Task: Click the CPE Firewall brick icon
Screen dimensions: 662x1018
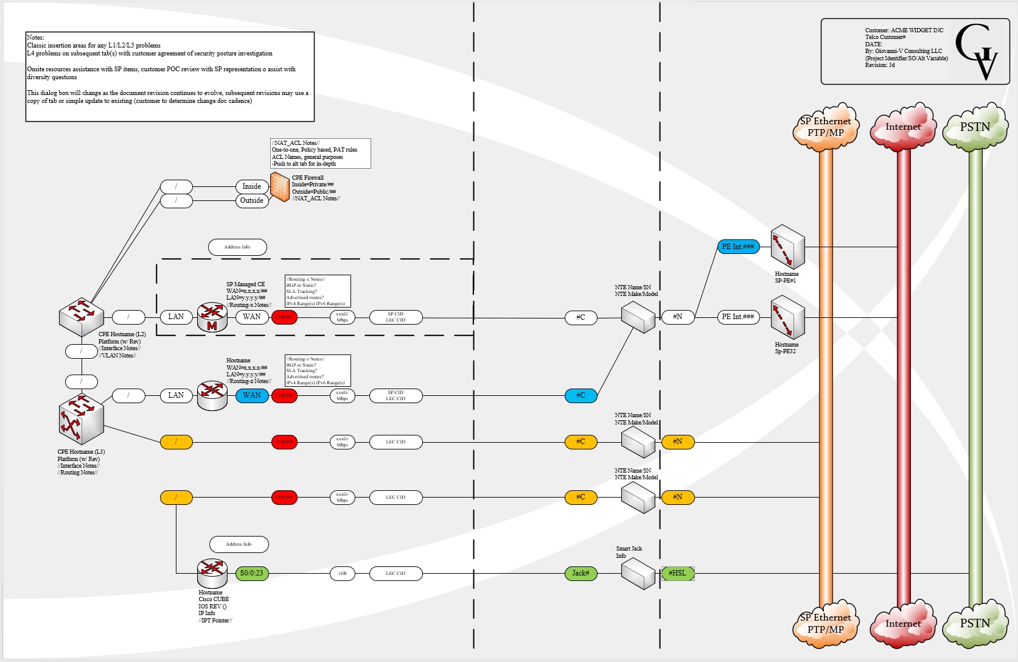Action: pyautogui.click(x=279, y=187)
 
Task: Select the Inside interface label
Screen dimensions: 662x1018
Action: pyautogui.click(x=252, y=186)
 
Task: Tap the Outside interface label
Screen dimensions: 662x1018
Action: pyautogui.click(x=252, y=200)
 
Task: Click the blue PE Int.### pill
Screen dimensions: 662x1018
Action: pyautogui.click(x=738, y=247)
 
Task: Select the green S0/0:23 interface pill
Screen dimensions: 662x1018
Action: pyautogui.click(x=252, y=573)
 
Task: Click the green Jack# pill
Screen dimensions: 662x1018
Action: pyautogui.click(x=580, y=573)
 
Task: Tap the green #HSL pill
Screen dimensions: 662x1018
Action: pyautogui.click(x=677, y=573)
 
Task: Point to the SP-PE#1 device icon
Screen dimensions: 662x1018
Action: pyautogui.click(x=787, y=247)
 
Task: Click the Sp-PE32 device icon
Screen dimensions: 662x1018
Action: pyautogui.click(x=787, y=317)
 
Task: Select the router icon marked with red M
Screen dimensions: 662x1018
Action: pyautogui.click(x=212, y=317)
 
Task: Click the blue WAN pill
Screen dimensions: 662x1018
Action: pyautogui.click(x=252, y=395)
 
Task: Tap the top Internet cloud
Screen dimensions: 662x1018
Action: pyautogui.click(x=903, y=127)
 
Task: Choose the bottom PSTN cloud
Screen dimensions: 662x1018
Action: pyautogui.click(x=975, y=623)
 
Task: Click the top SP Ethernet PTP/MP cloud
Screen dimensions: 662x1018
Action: pyautogui.click(x=826, y=127)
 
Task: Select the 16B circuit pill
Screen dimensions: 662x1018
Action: pyautogui.click(x=342, y=573)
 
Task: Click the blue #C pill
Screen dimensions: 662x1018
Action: pyautogui.click(x=580, y=395)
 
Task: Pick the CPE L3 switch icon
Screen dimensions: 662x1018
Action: pyautogui.click(x=81, y=420)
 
